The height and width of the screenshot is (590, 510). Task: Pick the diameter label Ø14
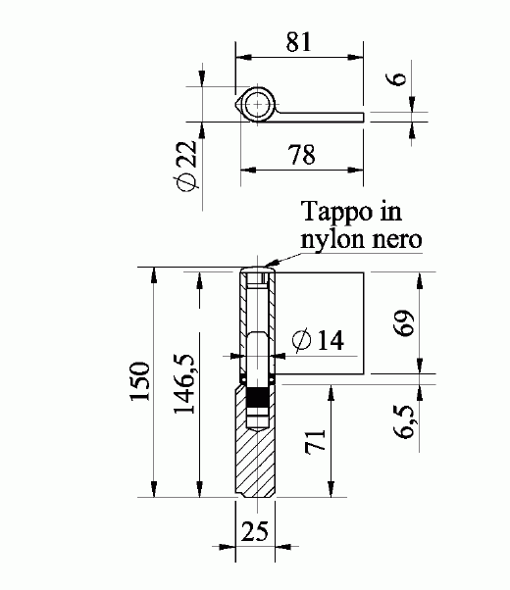(x=318, y=340)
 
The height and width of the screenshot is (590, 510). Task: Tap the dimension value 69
(x=400, y=320)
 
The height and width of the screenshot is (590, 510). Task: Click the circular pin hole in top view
(x=259, y=103)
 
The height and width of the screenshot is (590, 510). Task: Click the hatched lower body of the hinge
(x=254, y=461)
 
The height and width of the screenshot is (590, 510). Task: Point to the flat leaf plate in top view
(x=324, y=117)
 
